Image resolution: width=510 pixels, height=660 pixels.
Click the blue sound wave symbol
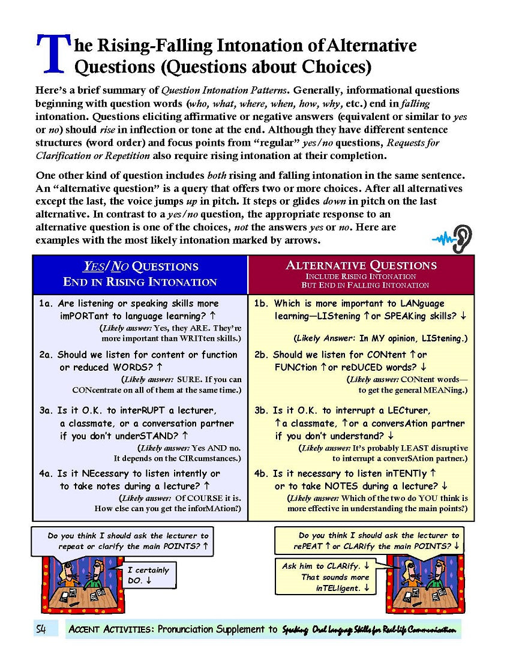[x=442, y=240]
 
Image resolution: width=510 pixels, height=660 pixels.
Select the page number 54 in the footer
[x=42, y=629]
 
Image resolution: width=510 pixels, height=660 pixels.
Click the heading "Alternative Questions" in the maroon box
[x=361, y=265]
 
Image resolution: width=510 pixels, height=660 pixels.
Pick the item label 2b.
[x=261, y=355]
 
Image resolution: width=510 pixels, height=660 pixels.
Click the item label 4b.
[x=262, y=473]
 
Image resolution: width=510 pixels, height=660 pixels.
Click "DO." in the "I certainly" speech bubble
[x=135, y=581]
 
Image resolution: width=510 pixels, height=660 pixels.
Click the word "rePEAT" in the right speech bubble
[x=308, y=546]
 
